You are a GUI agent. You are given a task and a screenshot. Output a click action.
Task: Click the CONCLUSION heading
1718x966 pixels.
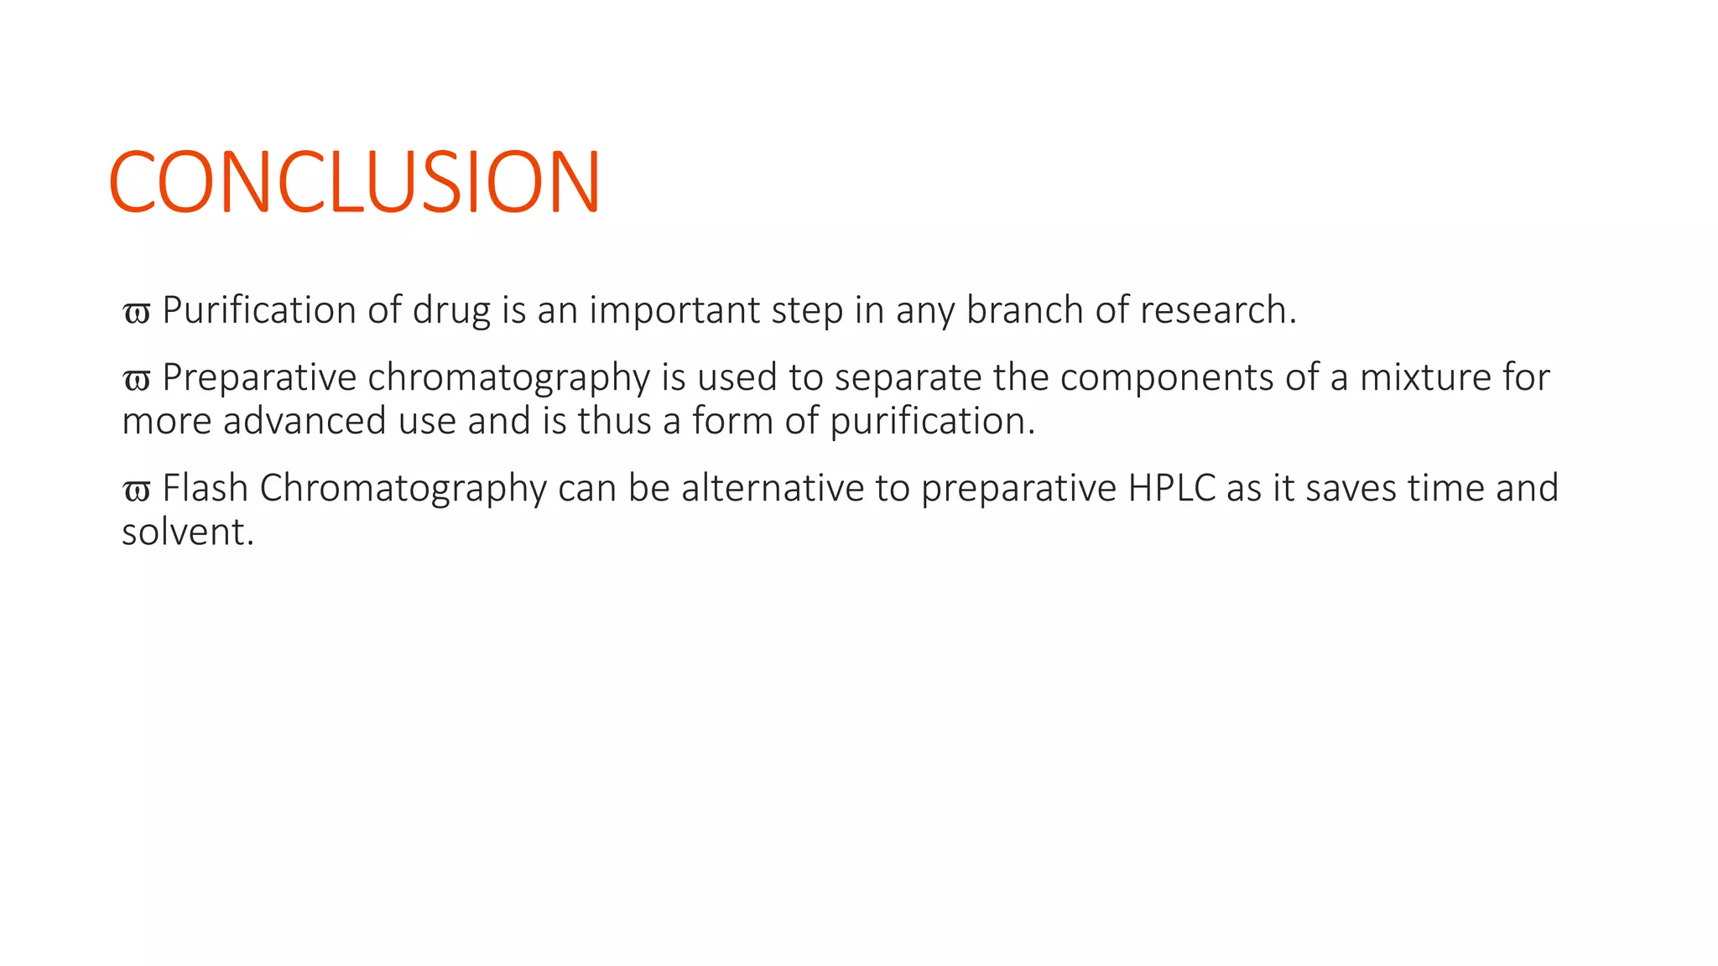click(x=354, y=182)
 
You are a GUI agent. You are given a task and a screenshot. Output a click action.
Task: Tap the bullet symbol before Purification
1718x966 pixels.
click(x=136, y=313)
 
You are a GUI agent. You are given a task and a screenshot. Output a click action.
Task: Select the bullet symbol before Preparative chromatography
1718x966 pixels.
click(x=136, y=380)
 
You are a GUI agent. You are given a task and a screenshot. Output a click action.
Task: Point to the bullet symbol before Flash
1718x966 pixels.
click(x=136, y=491)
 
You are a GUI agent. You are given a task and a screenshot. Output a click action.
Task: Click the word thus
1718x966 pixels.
click(x=614, y=420)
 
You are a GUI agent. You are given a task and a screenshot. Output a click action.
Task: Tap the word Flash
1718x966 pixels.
click(x=205, y=487)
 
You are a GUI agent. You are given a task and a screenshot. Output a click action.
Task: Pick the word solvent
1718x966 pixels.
click(x=187, y=532)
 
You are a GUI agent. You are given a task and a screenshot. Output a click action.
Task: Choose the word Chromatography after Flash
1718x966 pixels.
click(x=403, y=489)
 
